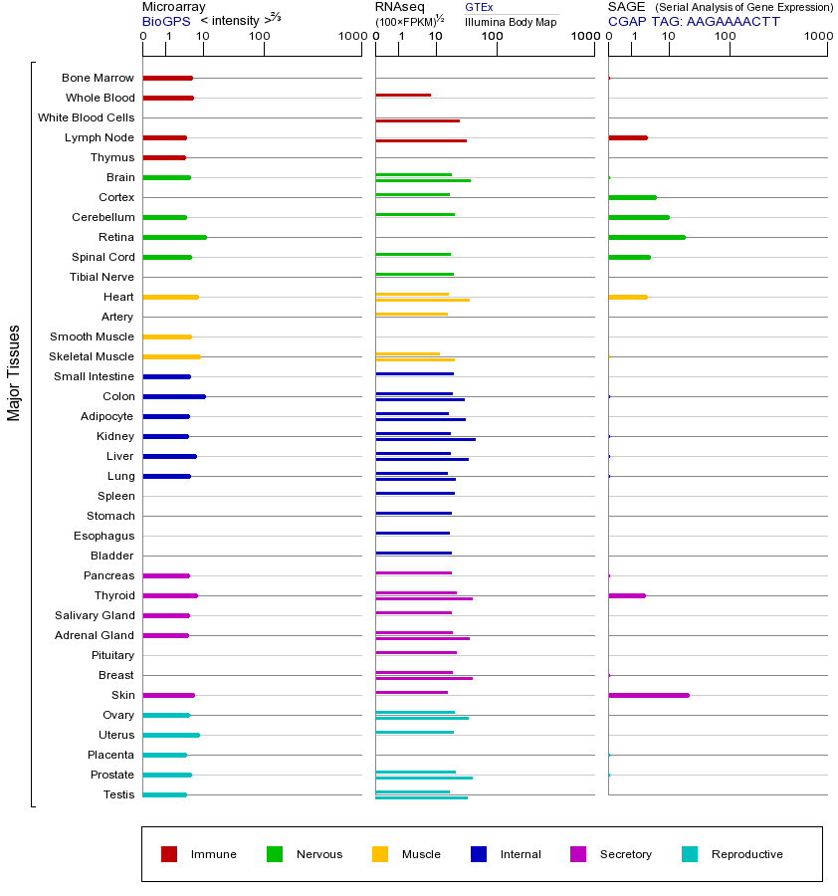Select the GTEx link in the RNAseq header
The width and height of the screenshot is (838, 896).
pyautogui.click(x=479, y=7)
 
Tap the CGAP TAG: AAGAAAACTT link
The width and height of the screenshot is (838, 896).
pyautogui.click(x=694, y=21)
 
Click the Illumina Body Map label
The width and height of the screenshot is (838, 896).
pyautogui.click(x=511, y=21)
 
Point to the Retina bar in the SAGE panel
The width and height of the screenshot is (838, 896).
pyautogui.click(x=647, y=237)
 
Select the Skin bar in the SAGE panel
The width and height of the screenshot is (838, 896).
pyautogui.click(x=649, y=695)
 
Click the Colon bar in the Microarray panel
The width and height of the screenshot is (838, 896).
pyautogui.click(x=174, y=396)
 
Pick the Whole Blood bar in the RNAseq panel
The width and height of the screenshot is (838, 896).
pyautogui.click(x=403, y=95)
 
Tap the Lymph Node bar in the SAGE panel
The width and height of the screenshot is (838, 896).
pyautogui.click(x=628, y=137)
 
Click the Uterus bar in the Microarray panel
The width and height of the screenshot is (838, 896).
pyautogui.click(x=171, y=735)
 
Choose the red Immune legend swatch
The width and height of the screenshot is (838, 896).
pyautogui.click(x=169, y=854)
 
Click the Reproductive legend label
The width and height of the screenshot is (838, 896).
pyautogui.click(x=746, y=854)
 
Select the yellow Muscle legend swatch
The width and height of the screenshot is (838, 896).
pyautogui.click(x=380, y=854)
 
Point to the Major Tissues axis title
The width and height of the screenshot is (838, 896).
pyautogui.click(x=14, y=372)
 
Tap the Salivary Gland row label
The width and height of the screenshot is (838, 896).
pyautogui.click(x=95, y=615)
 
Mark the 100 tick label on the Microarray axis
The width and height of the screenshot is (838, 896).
pyautogui.click(x=260, y=37)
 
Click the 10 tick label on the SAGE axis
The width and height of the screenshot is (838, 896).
pyautogui.click(x=669, y=37)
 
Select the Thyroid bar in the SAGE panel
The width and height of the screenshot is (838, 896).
pyautogui.click(x=627, y=595)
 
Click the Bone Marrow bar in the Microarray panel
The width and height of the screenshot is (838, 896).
pyautogui.click(x=168, y=78)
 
